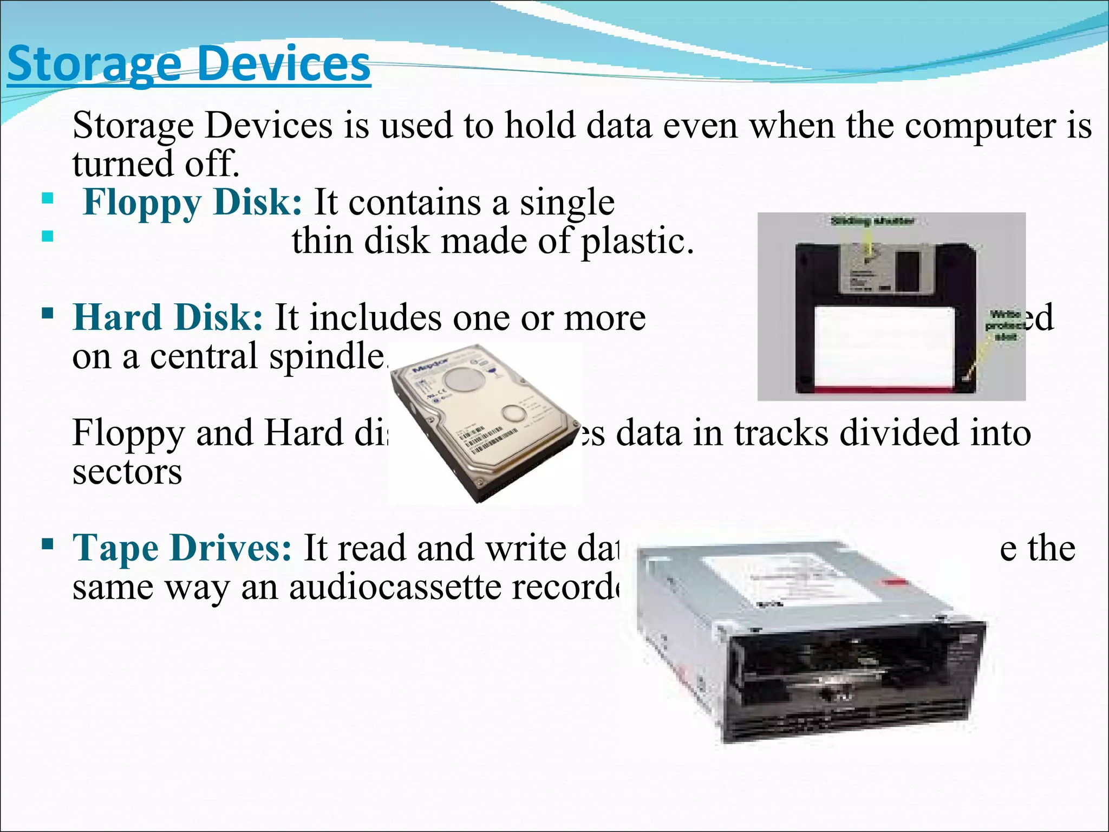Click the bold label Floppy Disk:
pyautogui.click(x=192, y=203)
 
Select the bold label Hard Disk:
pyautogui.click(x=168, y=317)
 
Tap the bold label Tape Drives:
pyautogui.click(x=182, y=548)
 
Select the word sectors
pyautogui.click(x=127, y=471)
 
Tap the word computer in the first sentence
pyautogui.click(x=980, y=126)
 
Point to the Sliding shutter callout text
pyautogui.click(x=872, y=221)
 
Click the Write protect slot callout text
pyautogui.click(x=1006, y=325)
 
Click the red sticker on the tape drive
pyautogui.click(x=893, y=584)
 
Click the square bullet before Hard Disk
pyautogui.click(x=48, y=313)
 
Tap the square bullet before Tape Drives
pyautogui.click(x=48, y=543)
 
